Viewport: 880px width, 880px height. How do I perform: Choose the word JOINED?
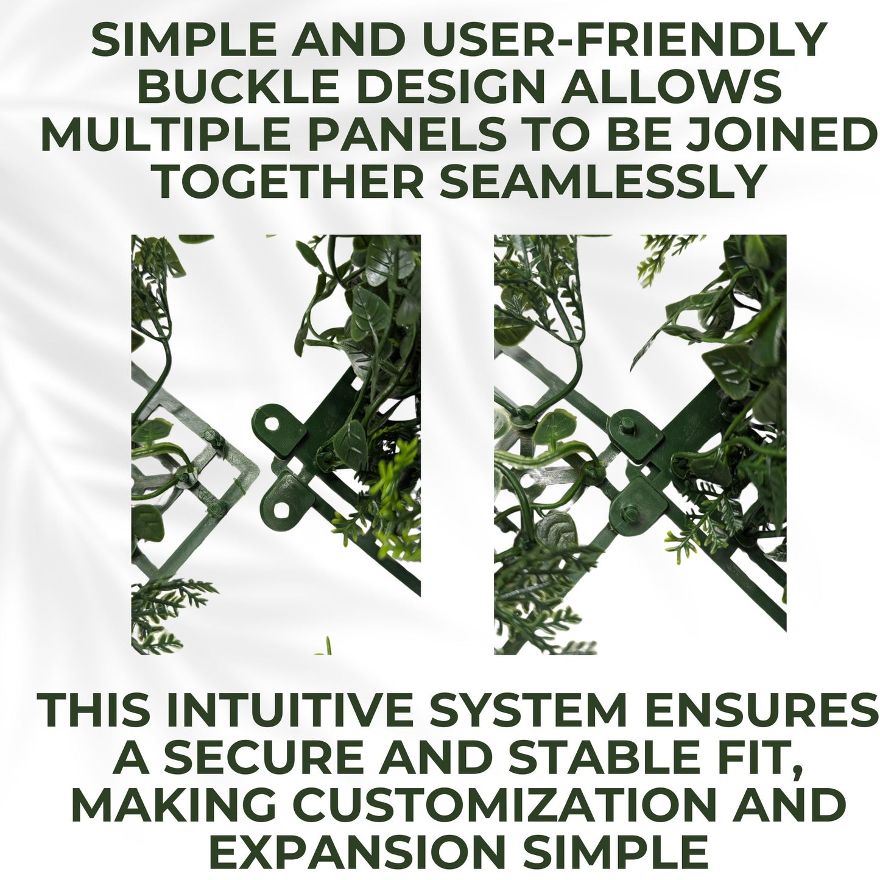777,134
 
